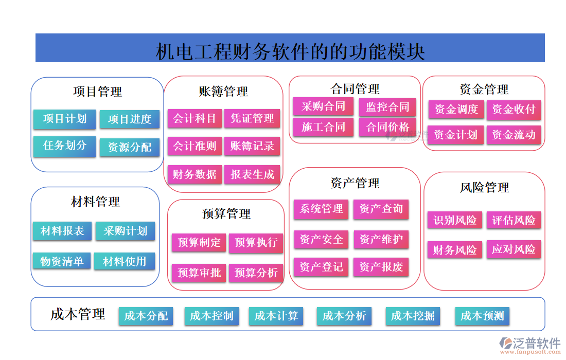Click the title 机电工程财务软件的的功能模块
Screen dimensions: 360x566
click(290, 51)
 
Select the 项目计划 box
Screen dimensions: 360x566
click(64, 119)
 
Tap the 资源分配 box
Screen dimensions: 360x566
click(130, 148)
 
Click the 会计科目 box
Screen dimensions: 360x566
click(194, 119)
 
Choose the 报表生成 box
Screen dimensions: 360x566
click(252, 174)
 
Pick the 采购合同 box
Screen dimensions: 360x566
click(323, 107)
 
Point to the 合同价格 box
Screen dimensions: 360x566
click(387, 127)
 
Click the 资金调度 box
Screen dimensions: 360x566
click(456, 110)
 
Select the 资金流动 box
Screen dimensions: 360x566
click(514, 135)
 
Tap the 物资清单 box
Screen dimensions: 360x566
click(62, 261)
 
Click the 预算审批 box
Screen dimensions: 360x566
click(199, 273)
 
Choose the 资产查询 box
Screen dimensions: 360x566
click(381, 209)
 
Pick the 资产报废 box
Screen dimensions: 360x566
click(381, 267)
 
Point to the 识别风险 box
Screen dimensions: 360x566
click(455, 221)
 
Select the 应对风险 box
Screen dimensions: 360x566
click(514, 250)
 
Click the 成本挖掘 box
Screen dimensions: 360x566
click(413, 316)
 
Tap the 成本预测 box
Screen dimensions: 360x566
click(482, 316)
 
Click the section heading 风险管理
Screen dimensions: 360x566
click(484, 188)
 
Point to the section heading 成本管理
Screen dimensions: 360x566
click(78, 314)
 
